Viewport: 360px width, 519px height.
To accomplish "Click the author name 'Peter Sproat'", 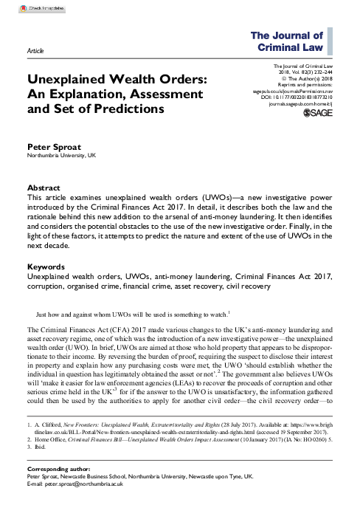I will pos(53,147).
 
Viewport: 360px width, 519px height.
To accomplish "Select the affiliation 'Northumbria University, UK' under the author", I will pos(62,157).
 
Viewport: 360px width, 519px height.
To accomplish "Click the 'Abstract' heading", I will pos(44,188).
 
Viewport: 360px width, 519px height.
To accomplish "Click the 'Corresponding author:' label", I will pos(58,489).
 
